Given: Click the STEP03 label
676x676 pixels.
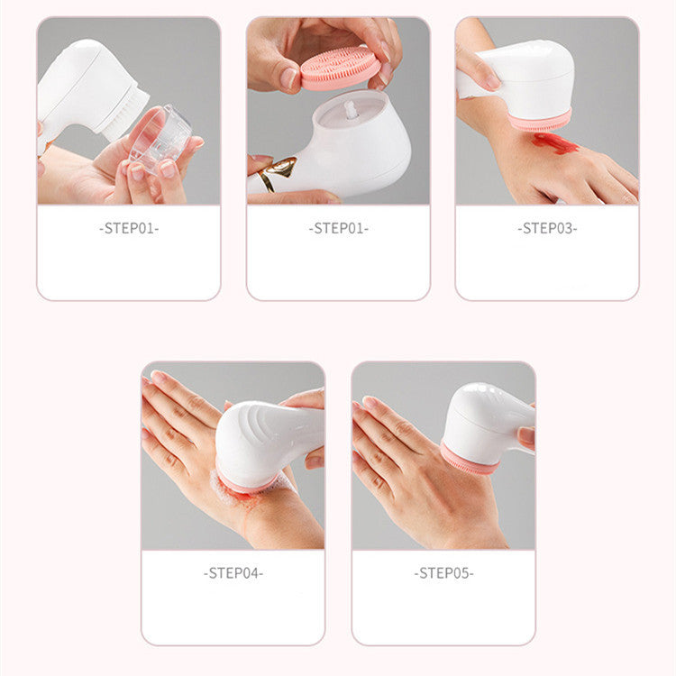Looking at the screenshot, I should (547, 229).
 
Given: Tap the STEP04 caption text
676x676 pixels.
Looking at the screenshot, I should (233, 573).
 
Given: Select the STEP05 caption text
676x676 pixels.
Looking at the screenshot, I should (443, 573).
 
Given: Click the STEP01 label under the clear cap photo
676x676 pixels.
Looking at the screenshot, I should (129, 229).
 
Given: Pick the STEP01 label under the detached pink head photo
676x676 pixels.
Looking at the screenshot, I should (338, 229).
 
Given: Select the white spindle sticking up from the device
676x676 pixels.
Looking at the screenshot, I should (351, 110).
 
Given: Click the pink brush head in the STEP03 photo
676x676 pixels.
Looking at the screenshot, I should (540, 121).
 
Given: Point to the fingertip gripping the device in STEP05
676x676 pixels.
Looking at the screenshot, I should (526, 437).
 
